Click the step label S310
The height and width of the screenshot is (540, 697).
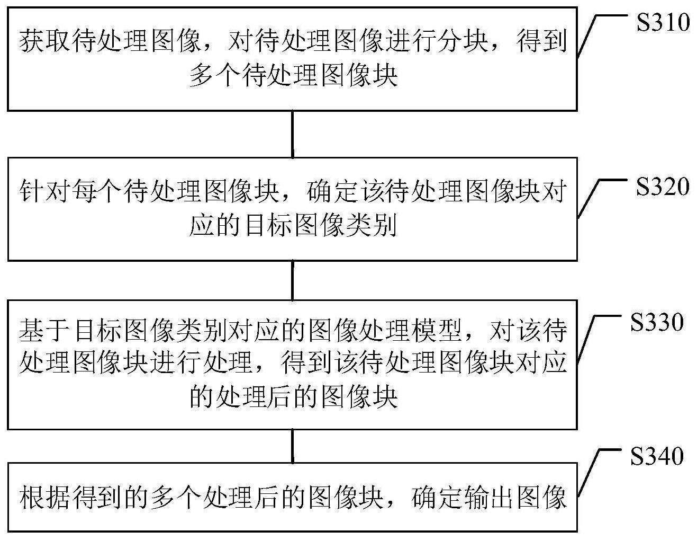(663, 22)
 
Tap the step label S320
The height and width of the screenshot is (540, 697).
(663, 187)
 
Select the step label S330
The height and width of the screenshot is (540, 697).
(657, 322)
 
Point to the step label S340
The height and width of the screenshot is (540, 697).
(657, 456)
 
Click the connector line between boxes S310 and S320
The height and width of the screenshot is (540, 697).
(293, 134)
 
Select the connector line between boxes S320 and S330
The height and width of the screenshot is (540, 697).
(293, 280)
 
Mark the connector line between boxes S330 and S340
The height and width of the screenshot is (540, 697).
(293, 446)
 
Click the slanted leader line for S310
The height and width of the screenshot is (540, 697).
(586, 36)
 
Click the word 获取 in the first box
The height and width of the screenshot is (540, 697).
(45, 41)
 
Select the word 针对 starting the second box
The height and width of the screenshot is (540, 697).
(45, 191)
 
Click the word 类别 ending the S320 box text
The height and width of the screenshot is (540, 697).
(372, 225)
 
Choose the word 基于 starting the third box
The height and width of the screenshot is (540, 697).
(45, 330)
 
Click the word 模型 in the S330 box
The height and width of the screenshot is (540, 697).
(436, 330)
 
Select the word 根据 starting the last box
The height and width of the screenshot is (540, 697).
(45, 498)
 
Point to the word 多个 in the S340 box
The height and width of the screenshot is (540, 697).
(175, 498)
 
